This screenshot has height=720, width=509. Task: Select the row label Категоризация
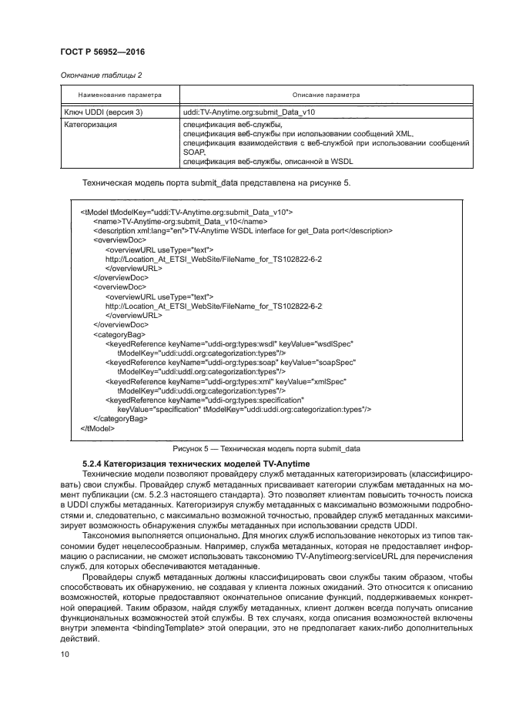coord(90,124)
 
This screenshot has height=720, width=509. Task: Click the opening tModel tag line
coord(186,211)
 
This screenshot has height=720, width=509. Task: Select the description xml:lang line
coord(242,230)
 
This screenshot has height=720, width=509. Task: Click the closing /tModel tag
coord(99,428)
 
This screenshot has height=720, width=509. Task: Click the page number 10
coord(65,654)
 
